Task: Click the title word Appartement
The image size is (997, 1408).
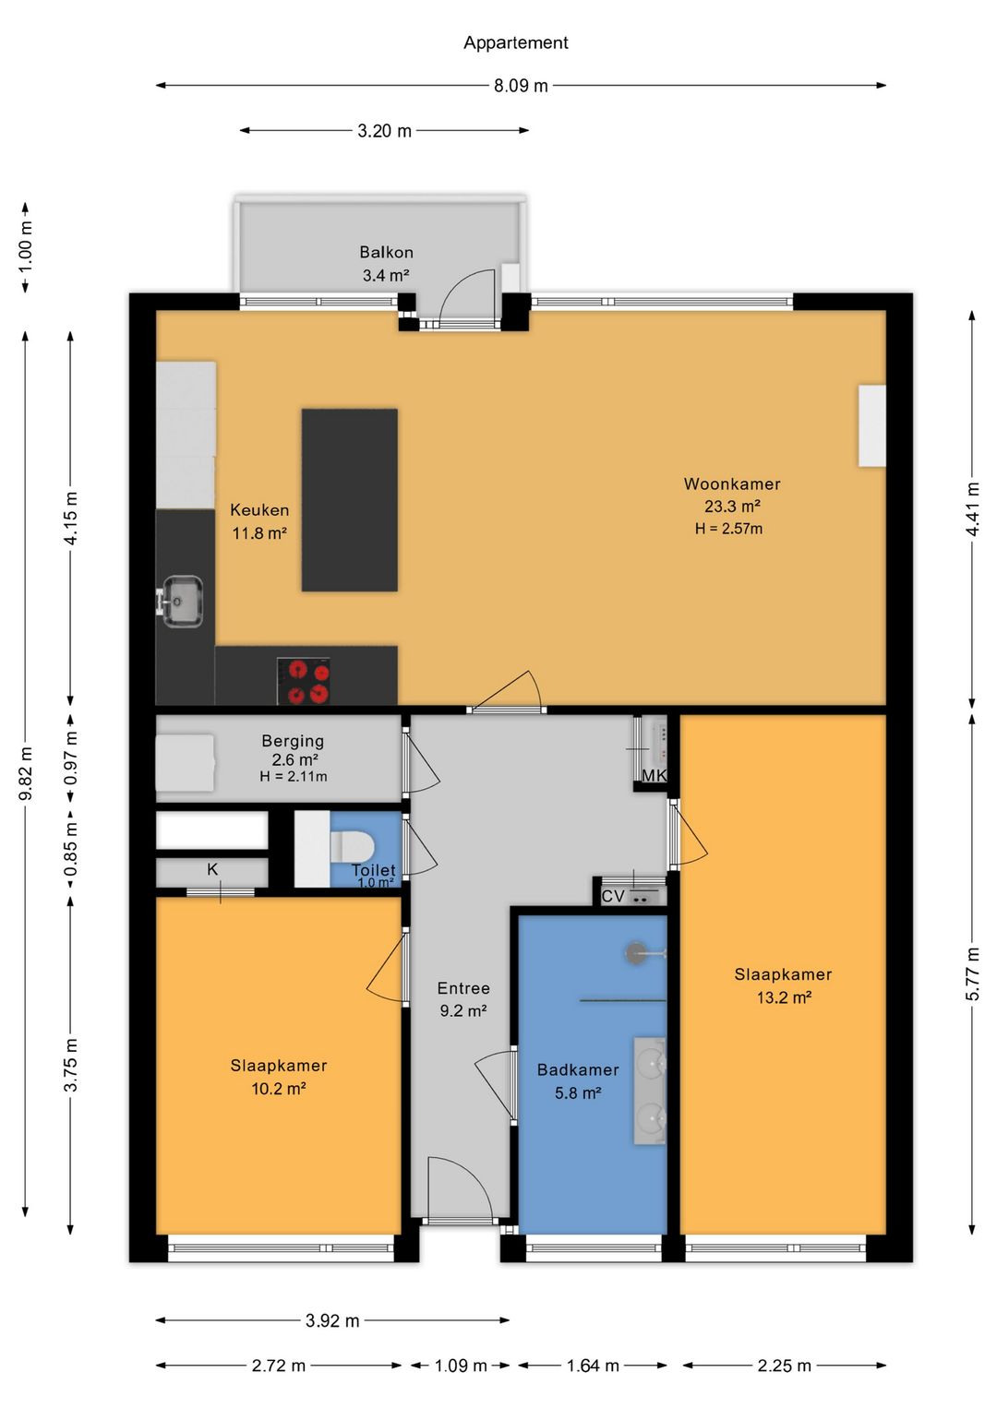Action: click(x=515, y=42)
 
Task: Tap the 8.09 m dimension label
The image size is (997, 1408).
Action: click(x=521, y=86)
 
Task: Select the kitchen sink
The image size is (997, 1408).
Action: click(x=182, y=602)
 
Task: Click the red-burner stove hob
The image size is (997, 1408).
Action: click(x=303, y=681)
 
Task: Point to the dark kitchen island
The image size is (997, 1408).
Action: click(x=349, y=500)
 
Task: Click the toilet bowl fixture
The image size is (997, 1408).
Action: click(x=353, y=847)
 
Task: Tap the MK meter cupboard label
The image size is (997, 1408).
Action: click(x=654, y=776)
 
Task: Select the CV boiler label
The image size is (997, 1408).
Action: click(x=613, y=896)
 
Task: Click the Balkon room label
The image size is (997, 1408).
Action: click(x=386, y=252)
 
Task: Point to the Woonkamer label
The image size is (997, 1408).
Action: click(x=732, y=484)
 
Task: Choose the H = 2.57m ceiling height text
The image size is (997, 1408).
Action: click(x=728, y=529)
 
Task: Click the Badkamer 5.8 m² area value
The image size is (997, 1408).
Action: click(x=578, y=1093)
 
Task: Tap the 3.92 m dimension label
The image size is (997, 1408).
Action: click(x=332, y=1320)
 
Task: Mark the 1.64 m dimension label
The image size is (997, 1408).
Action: click(x=593, y=1366)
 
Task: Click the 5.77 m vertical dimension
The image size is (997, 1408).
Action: click(x=972, y=973)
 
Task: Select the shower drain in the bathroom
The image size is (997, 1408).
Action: click(x=635, y=953)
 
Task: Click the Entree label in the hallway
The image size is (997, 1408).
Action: click(x=463, y=988)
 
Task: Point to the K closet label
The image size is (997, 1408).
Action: click(x=212, y=868)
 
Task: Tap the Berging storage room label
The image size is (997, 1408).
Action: click(x=294, y=741)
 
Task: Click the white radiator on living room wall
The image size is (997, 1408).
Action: click(x=872, y=425)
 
